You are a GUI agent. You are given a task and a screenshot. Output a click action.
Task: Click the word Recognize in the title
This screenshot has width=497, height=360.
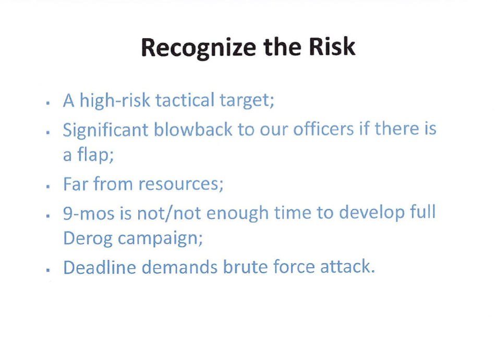[198, 48]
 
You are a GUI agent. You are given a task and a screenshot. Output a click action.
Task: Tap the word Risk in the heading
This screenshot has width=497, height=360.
[332, 46]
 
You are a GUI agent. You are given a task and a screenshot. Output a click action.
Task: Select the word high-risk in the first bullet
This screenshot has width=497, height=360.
[115, 101]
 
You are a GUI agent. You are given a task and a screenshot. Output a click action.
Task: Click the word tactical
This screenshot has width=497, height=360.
[185, 100]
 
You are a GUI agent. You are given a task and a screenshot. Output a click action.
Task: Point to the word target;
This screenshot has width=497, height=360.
[247, 101]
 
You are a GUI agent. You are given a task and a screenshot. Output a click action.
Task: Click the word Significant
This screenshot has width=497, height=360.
[105, 130]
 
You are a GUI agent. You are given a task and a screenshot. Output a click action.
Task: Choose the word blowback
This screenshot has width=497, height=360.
[193, 129]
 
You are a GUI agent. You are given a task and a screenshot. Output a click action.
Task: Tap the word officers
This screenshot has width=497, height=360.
[323, 129]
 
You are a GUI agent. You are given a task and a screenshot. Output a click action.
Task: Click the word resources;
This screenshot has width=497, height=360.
[181, 184]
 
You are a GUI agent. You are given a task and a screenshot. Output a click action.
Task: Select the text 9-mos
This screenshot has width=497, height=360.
[89, 213]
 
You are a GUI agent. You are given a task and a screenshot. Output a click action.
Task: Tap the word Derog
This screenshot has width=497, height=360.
[88, 238]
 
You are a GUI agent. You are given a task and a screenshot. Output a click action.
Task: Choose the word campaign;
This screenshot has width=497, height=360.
[161, 239]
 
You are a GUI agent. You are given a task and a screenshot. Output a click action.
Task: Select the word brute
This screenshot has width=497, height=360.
[245, 267]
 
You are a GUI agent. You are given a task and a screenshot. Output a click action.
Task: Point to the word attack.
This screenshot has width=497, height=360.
[347, 267]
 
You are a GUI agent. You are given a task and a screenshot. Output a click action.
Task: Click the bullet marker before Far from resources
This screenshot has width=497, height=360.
[48, 187]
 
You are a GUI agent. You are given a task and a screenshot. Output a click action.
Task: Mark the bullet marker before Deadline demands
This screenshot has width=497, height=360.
[48, 270]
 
